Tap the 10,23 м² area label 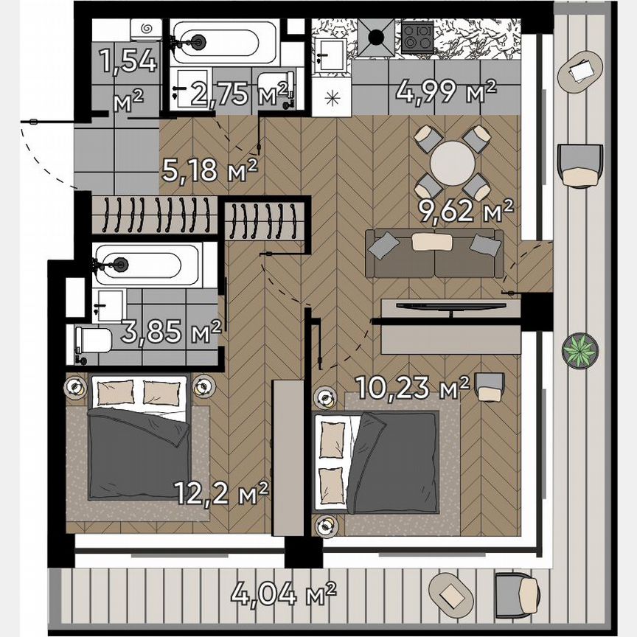pos(412,386)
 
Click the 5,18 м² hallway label pos(209,170)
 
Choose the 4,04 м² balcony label pos(284,592)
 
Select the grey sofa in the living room pos(435,253)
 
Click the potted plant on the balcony pos(579,349)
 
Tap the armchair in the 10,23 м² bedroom pos(489,386)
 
